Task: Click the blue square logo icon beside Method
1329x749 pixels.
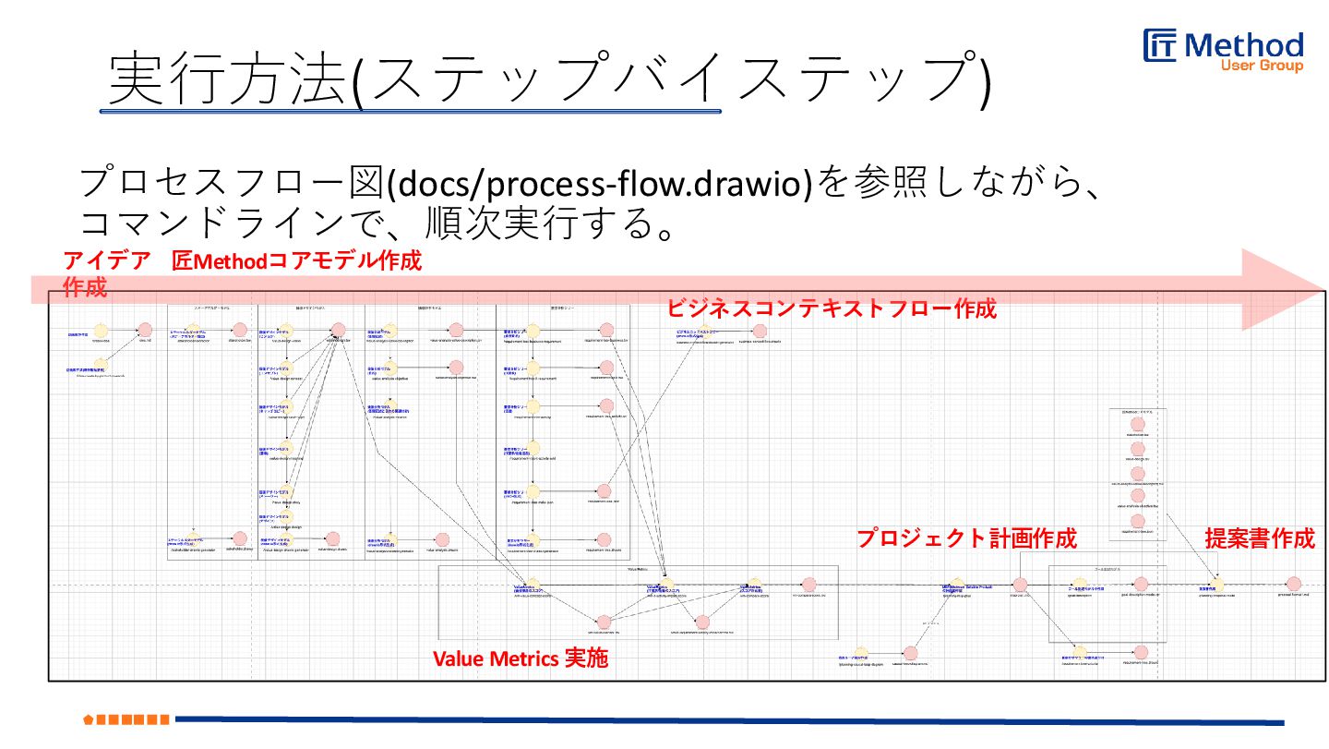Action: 1160,46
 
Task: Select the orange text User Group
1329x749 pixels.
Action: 1262,66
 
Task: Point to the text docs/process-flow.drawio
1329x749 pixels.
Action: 600,184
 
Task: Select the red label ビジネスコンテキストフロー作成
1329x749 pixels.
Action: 832,308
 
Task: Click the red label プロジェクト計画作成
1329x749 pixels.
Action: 966,538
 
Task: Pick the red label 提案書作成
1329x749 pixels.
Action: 1260,538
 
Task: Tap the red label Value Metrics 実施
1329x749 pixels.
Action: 521,658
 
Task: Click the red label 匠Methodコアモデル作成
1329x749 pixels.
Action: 297,261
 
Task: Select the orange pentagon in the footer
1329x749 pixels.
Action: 89,719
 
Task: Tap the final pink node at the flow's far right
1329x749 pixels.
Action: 1293,584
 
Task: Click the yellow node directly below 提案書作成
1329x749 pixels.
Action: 1217,584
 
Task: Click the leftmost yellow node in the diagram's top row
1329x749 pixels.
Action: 102,330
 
